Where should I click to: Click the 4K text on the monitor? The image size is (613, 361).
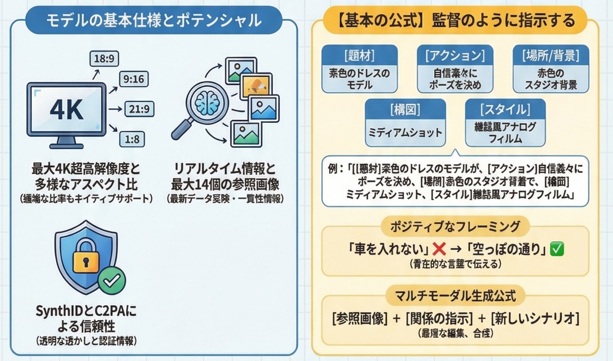point(66,111)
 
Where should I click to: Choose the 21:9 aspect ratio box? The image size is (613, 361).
point(137,109)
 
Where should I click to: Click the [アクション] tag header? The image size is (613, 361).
point(455,55)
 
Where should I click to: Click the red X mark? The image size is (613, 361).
point(438,250)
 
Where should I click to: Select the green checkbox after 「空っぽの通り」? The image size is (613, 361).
point(557,250)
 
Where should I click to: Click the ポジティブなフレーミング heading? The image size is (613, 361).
point(455,226)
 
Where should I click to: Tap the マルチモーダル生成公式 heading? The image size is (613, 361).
point(455,296)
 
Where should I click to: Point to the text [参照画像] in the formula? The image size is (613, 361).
point(359,318)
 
